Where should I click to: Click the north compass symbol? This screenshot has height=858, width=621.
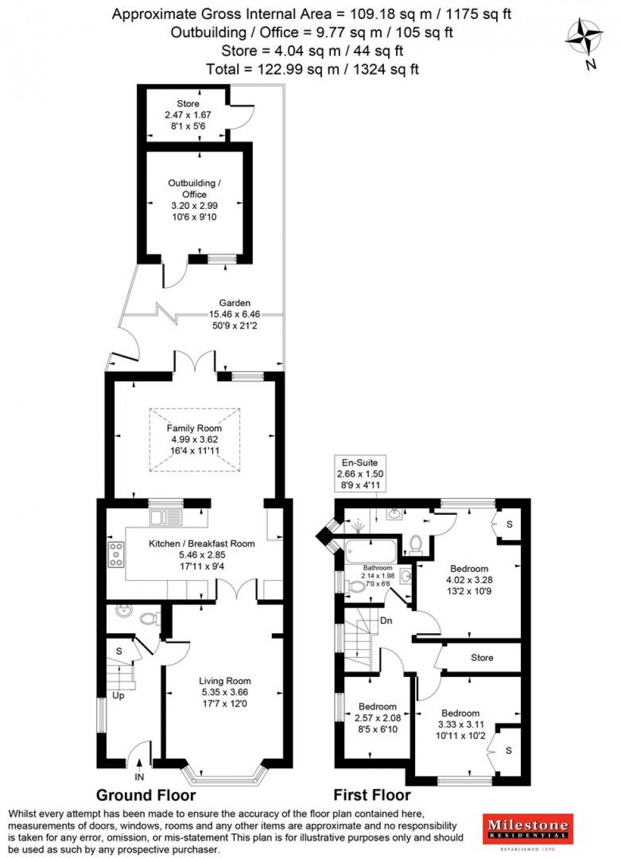click(x=584, y=39)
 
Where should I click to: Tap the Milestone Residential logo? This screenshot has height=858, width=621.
click(x=527, y=829)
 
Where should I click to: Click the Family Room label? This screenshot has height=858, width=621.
click(x=194, y=428)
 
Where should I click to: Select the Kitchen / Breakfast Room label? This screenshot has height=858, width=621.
click(x=202, y=543)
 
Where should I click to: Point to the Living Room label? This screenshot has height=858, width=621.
click(x=225, y=681)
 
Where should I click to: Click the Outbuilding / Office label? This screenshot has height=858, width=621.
click(x=194, y=189)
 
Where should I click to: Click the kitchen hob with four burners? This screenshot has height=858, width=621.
click(x=116, y=555)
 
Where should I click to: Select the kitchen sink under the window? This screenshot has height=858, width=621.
click(x=165, y=517)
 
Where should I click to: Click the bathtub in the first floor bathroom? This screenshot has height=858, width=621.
click(x=371, y=549)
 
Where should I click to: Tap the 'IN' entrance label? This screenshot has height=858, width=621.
click(x=139, y=777)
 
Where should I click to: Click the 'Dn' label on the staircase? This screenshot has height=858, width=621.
click(x=386, y=621)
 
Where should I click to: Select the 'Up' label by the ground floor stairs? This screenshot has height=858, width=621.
click(x=118, y=695)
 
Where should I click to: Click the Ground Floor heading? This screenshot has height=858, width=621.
click(x=146, y=795)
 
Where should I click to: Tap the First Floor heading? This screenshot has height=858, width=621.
click(x=372, y=795)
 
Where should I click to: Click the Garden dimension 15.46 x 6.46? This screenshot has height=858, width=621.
click(x=234, y=314)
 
